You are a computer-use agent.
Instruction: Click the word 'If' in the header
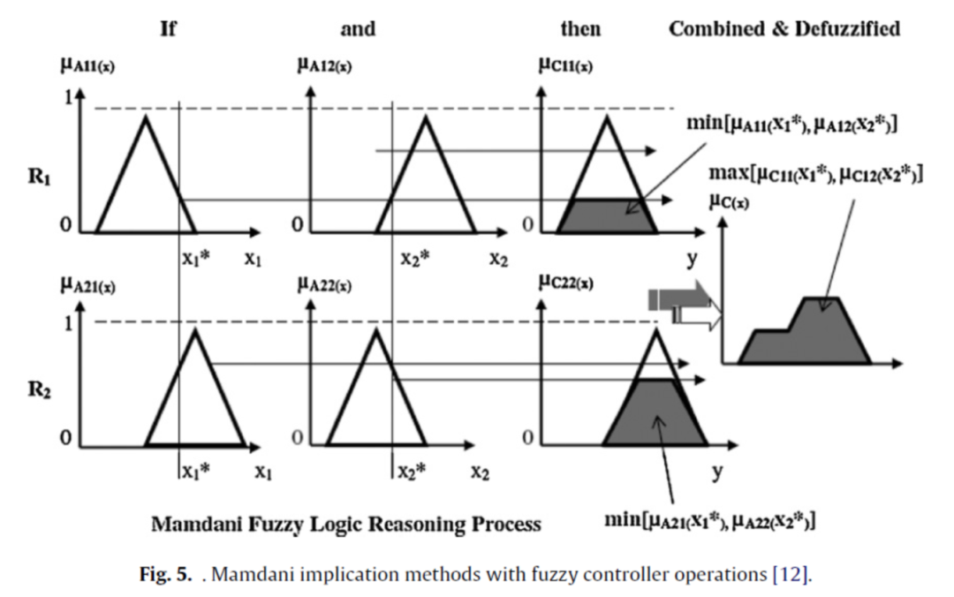click(168, 29)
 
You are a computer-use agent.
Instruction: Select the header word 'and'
click(358, 29)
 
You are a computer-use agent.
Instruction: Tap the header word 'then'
click(580, 29)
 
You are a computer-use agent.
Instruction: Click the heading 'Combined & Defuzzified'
click(784, 29)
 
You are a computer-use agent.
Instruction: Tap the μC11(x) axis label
click(565, 65)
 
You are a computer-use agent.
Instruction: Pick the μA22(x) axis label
click(326, 285)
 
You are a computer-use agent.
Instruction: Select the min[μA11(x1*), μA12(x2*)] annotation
click(792, 124)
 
